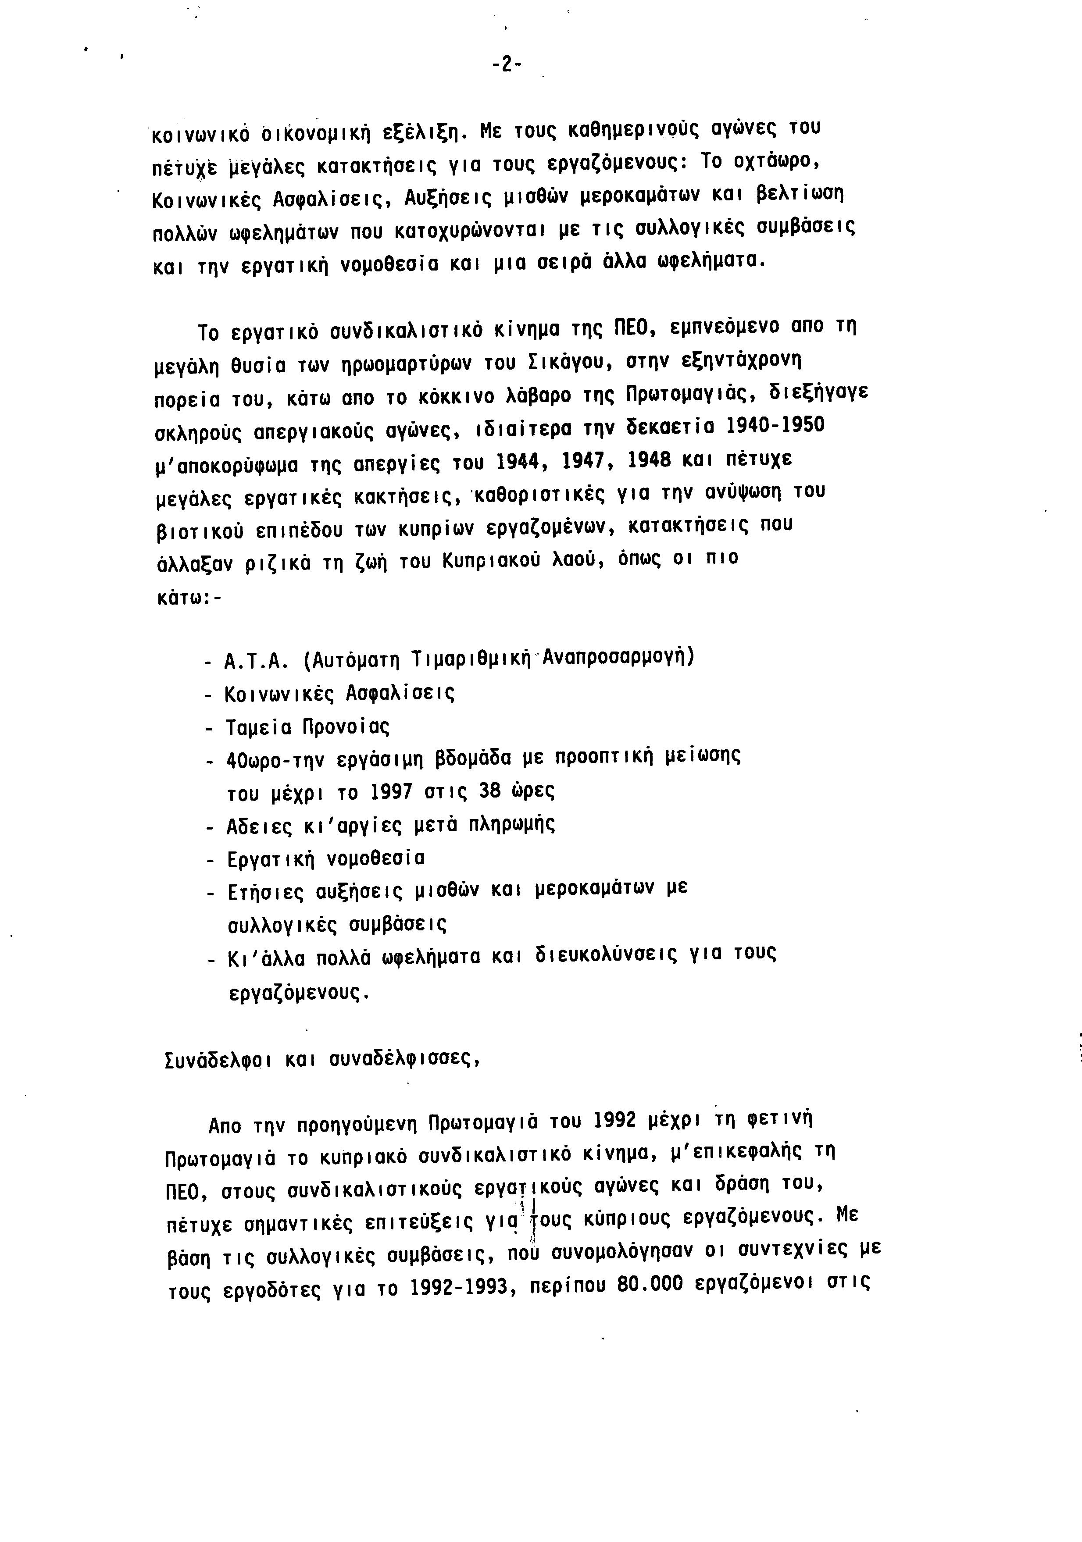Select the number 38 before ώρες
489,791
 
